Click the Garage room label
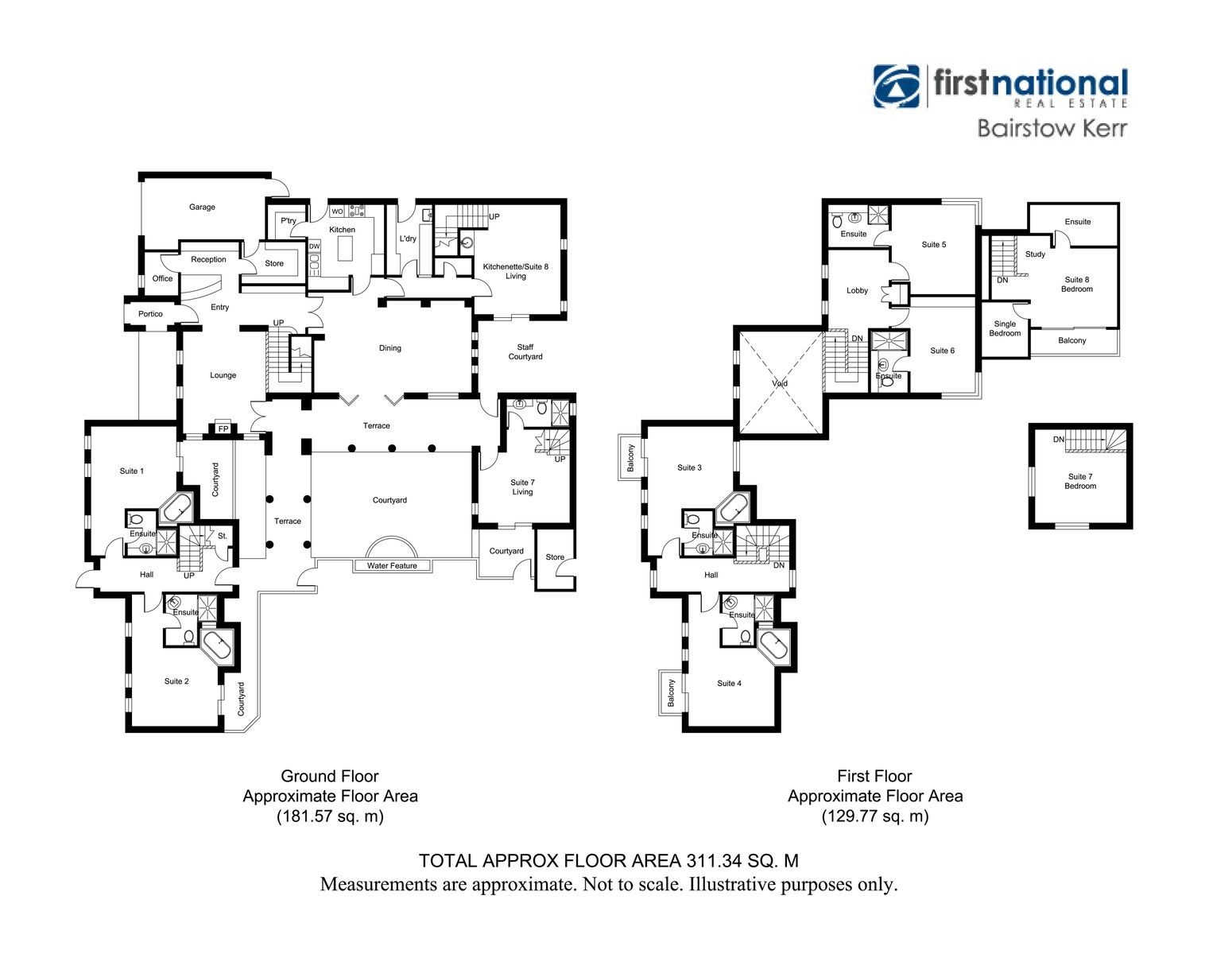click(202, 207)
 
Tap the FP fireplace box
click(223, 429)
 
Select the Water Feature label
click(392, 566)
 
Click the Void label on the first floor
click(780, 383)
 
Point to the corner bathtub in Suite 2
click(216, 646)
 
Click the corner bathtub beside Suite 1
click(177, 508)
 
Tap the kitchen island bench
click(346, 248)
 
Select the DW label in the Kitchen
click(314, 246)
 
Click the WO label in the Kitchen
click(337, 211)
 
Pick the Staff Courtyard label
click(525, 351)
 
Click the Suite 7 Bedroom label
click(1080, 481)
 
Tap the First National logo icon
click(897, 87)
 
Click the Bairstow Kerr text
click(1052, 128)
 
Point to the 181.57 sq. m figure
click(331, 816)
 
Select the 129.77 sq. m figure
click(875, 816)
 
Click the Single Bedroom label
click(1005, 328)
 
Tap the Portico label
click(150, 313)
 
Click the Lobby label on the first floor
click(858, 290)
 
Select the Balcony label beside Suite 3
click(630, 458)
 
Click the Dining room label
click(390, 348)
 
